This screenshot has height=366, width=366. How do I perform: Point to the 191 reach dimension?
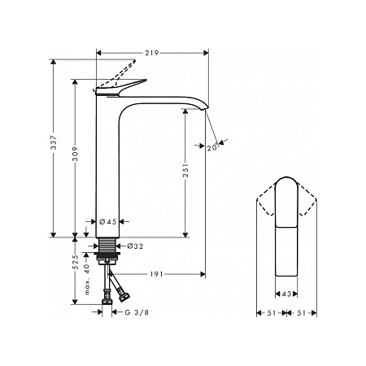point(156,274)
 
